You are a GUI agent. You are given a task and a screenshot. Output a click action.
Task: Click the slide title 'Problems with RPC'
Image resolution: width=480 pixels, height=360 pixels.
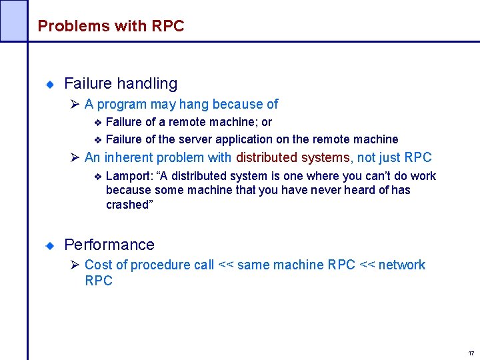click(x=111, y=26)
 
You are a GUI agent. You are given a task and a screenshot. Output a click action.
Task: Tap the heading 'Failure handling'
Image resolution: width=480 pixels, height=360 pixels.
click(x=121, y=83)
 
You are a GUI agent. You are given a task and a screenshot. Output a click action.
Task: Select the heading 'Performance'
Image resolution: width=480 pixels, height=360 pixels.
click(x=109, y=245)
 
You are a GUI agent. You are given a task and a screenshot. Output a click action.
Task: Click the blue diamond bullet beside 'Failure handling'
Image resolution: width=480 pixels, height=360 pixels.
click(x=49, y=85)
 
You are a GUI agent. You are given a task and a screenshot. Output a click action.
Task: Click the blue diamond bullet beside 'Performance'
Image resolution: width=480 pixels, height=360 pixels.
click(x=49, y=246)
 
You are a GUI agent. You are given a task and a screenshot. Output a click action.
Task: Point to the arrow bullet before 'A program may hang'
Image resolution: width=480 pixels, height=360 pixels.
click(x=75, y=104)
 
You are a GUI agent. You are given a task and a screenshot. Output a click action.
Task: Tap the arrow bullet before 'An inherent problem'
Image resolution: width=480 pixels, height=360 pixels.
click(x=75, y=158)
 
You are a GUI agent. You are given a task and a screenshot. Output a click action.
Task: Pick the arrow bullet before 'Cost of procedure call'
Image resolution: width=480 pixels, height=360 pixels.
click(x=75, y=265)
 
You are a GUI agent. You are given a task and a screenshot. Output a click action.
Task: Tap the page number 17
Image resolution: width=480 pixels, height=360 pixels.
click(x=471, y=353)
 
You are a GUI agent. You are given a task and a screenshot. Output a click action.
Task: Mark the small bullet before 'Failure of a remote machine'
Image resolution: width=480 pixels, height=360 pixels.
click(x=97, y=123)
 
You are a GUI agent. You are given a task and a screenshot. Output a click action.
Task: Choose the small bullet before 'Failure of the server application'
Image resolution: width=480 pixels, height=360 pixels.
click(x=97, y=140)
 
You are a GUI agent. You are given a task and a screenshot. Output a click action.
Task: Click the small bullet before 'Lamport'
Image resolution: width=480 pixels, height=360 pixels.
click(x=97, y=177)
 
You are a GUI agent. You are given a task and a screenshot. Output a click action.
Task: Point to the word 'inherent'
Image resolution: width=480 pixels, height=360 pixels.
click(x=128, y=158)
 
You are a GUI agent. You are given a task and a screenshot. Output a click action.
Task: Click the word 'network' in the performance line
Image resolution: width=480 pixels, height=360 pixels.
click(x=402, y=265)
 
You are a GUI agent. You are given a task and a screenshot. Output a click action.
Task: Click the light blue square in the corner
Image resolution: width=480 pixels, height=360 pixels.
click(x=13, y=20)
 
